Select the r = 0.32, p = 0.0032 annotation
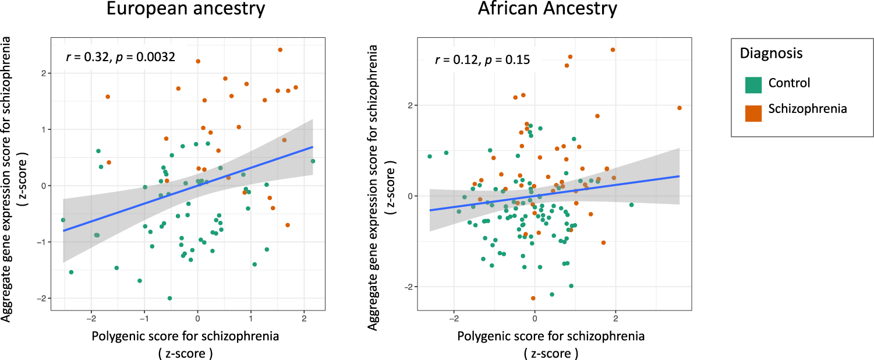coord(120,57)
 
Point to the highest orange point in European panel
coord(280,50)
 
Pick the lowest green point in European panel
coord(169,298)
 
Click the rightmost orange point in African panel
coord(680,108)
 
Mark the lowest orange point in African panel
coord(533,298)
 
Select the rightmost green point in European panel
coord(313,161)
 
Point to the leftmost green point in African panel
coord(430,156)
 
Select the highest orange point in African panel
coord(613,50)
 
